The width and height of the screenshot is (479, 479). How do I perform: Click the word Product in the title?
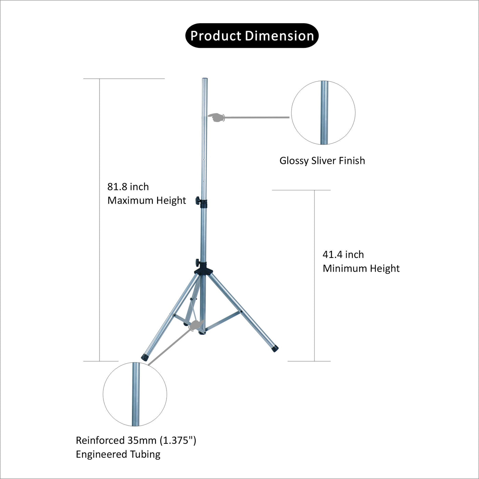216,36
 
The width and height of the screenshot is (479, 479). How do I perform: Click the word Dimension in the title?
280,36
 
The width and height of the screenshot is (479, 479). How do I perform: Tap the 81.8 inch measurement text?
128,187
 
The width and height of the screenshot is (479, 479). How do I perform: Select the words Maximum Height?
147,200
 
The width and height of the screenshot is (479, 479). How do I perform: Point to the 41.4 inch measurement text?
343,255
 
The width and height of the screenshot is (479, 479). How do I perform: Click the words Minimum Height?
361,269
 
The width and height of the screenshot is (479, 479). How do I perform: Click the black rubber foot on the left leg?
145,358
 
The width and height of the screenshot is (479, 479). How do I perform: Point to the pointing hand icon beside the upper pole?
217,117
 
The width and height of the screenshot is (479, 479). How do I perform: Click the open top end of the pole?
204,79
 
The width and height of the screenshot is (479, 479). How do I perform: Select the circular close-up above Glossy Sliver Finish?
323,113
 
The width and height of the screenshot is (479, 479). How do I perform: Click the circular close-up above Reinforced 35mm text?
135,394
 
